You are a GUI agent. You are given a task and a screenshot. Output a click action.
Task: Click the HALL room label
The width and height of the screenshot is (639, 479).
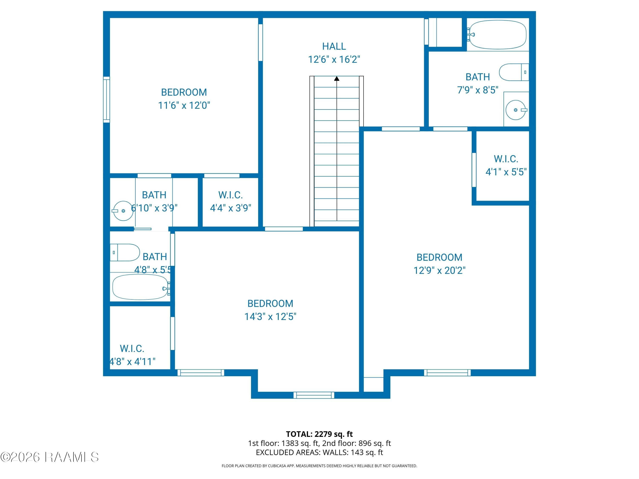(x=334, y=46)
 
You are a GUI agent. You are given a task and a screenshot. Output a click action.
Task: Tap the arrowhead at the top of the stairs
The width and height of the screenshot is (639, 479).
(x=337, y=78)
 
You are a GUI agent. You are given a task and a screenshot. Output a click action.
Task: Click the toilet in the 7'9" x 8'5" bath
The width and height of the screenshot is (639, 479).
(x=514, y=72)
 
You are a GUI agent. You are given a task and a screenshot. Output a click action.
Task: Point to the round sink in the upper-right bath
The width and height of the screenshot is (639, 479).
(x=516, y=110)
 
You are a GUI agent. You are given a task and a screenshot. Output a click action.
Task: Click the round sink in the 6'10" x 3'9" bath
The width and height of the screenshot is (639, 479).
(x=123, y=211)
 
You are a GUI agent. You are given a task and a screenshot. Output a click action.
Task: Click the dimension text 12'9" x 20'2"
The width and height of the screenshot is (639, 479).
(x=439, y=271)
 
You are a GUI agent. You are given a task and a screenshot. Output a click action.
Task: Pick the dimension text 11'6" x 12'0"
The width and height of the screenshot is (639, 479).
(x=184, y=105)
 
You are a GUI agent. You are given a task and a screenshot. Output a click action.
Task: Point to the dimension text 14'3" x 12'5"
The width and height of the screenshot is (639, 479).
(x=270, y=317)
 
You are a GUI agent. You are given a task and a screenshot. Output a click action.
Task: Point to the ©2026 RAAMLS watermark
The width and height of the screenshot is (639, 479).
(x=50, y=457)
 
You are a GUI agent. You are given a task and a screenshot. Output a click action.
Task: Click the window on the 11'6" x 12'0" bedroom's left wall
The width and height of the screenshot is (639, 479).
(x=106, y=100)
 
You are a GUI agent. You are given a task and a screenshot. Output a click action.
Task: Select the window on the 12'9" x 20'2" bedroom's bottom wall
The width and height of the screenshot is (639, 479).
(x=447, y=373)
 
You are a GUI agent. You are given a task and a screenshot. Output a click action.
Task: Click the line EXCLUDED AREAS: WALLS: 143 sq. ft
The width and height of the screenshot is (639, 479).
(x=319, y=452)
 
